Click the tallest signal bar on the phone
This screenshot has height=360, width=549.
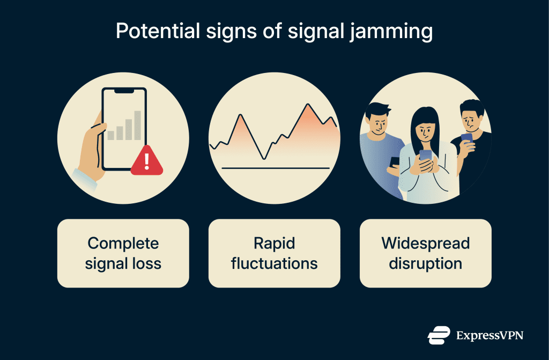tap(138, 125)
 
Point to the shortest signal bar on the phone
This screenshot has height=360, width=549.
tap(111, 135)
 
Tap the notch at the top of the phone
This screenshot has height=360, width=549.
tap(124, 91)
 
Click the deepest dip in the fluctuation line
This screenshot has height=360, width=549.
tap(263, 158)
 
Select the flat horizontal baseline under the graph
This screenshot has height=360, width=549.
tap(275, 168)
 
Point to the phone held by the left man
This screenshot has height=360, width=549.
tap(394, 161)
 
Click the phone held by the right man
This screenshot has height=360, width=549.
tap(466, 138)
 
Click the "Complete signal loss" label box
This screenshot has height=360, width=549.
tap(123, 253)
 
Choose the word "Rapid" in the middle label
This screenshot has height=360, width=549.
tap(274, 243)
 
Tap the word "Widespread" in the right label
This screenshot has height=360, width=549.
tap(425, 243)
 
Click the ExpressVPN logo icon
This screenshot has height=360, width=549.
tap(439, 335)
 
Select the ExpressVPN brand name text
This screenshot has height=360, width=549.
tap(489, 336)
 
